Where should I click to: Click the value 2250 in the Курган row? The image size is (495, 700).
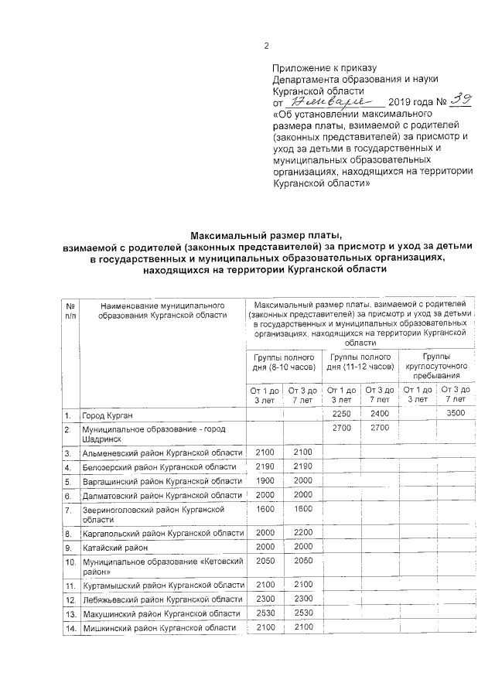click(x=341, y=414)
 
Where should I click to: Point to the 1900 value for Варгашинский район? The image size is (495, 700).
click(x=265, y=481)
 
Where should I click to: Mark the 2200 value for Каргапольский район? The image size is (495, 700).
click(x=302, y=533)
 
